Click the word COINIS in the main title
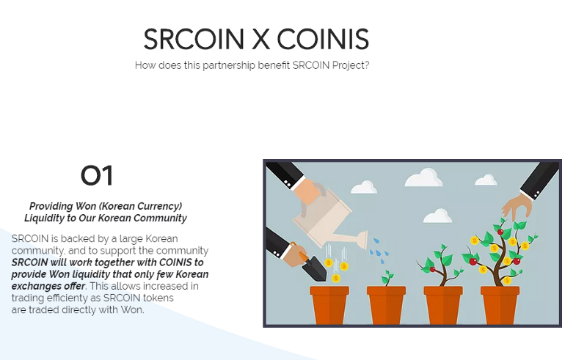[x=323, y=40]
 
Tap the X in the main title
[x=260, y=40]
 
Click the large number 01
[x=97, y=175]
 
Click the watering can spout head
[x=362, y=240]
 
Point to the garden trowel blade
[x=316, y=269]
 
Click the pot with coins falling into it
[x=329, y=304]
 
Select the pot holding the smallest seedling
[x=387, y=304]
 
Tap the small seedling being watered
[x=387, y=278]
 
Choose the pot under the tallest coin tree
[x=500, y=304]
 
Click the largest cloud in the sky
[x=424, y=177]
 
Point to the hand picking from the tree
[x=518, y=205]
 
